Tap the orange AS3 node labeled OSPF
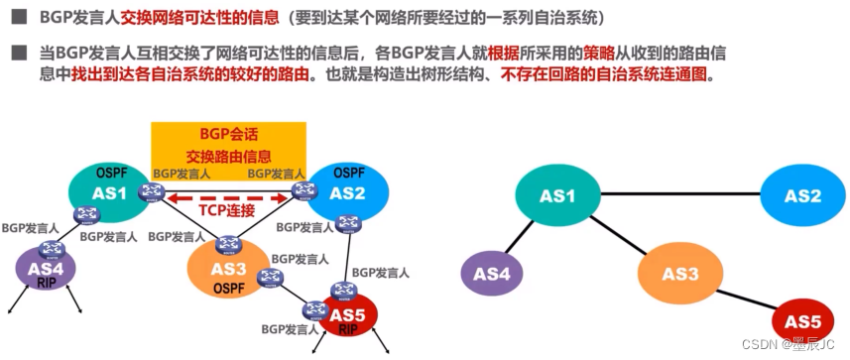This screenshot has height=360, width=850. click(x=227, y=270)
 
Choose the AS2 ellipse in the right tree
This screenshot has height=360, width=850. click(x=802, y=195)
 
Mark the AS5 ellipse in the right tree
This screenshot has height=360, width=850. click(x=802, y=322)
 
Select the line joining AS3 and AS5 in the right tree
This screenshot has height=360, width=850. click(x=748, y=300)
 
